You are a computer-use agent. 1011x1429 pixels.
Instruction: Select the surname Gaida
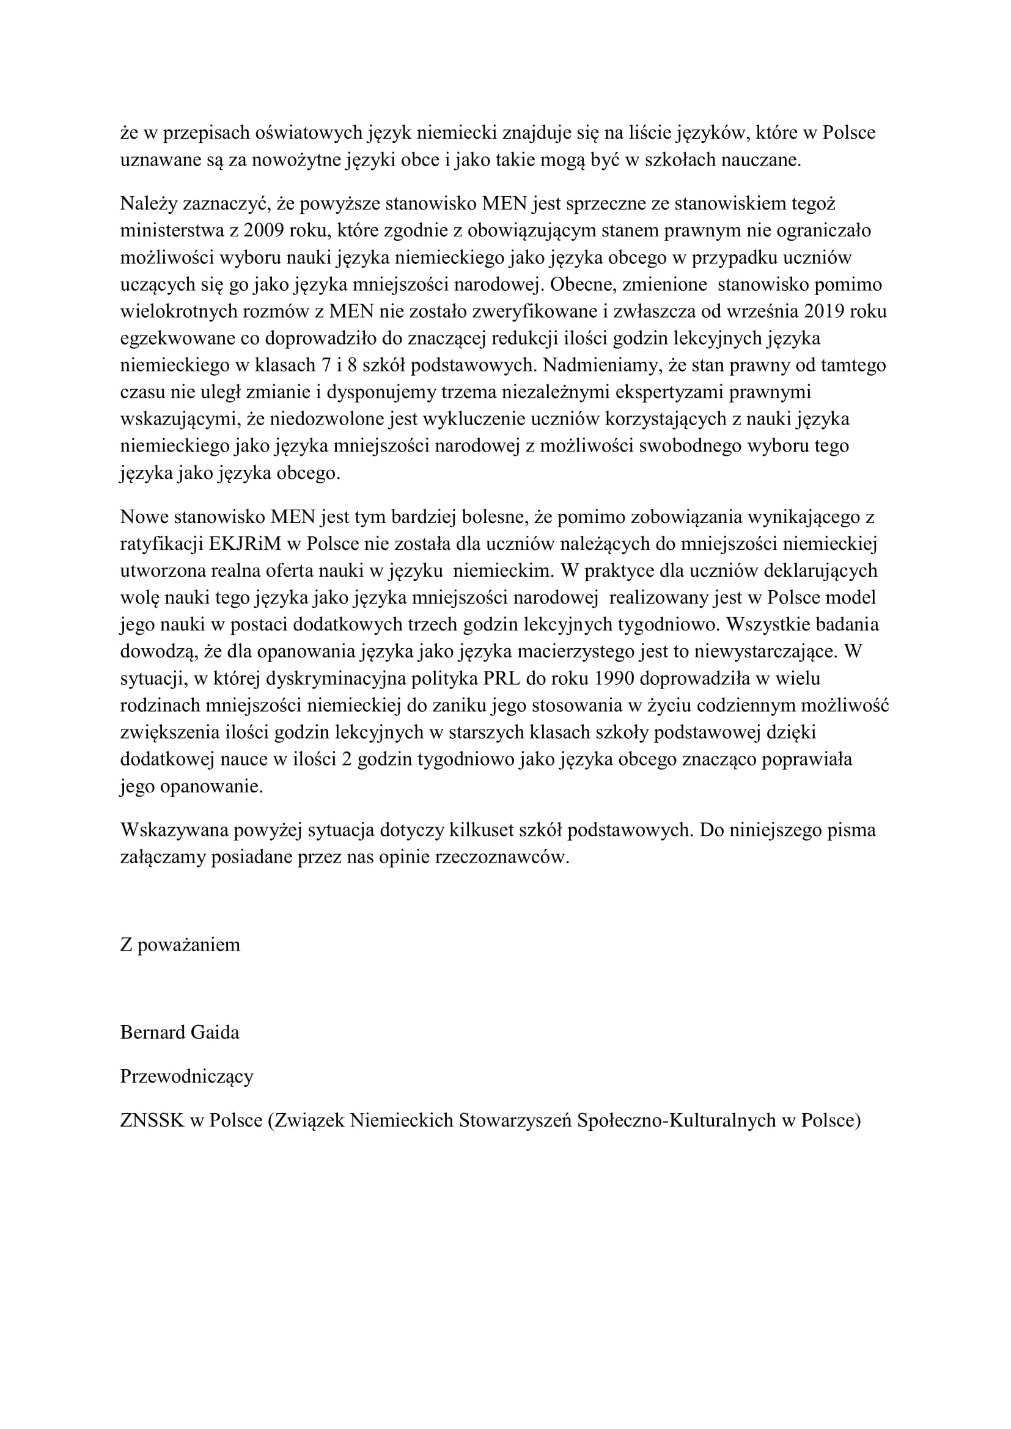tap(216, 1032)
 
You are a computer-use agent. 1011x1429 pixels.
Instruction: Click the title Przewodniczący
tap(187, 1076)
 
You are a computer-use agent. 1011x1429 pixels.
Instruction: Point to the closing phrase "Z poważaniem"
tap(180, 945)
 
